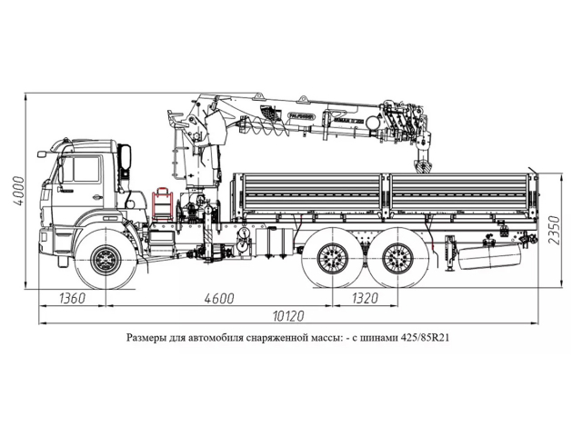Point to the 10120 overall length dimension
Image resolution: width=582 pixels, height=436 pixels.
288,317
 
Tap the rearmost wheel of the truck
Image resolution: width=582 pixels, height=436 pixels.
394,258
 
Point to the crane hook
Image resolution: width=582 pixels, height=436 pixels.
423,167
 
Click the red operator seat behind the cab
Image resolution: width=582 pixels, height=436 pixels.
163,203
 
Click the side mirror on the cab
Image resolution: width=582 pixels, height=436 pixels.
125,160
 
